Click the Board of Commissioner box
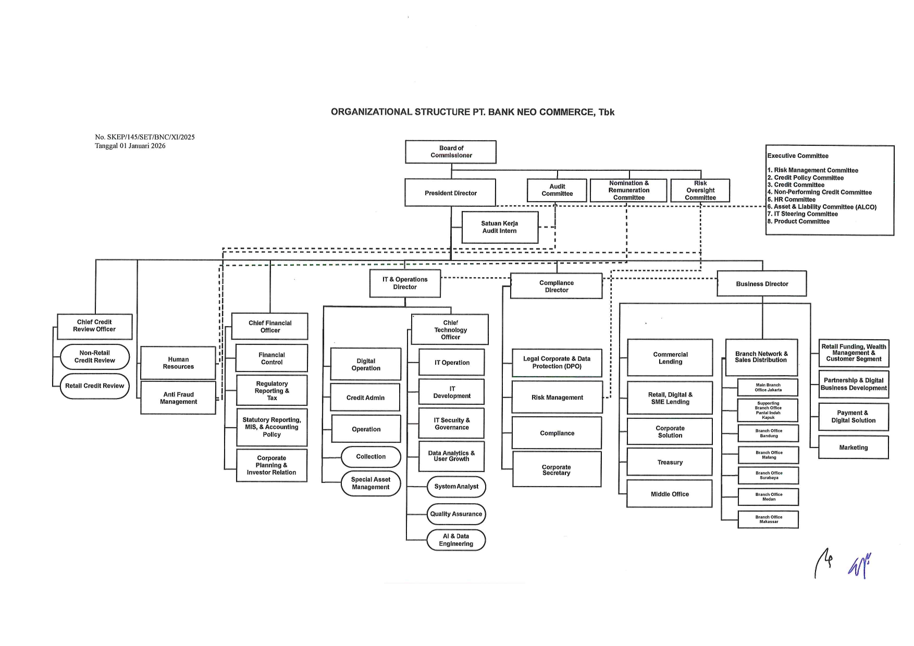pyautogui.click(x=451, y=152)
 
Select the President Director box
pyautogui.click(x=451, y=193)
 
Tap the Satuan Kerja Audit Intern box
pyautogui.click(x=500, y=227)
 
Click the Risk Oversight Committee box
pyautogui.click(x=700, y=190)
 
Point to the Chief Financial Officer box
pyautogui.click(x=270, y=327)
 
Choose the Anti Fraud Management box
pyautogui.click(x=178, y=398)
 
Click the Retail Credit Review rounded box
pyautogui.click(x=94, y=386)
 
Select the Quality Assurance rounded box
pyautogui.click(x=456, y=514)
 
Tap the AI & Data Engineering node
pyautogui.click(x=456, y=540)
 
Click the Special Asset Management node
pyautogui.click(x=370, y=483)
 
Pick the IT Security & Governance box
pyautogui.click(x=452, y=424)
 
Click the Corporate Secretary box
pyautogui.click(x=557, y=470)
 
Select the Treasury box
pyautogui.click(x=670, y=462)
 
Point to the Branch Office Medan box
pyautogui.click(x=769, y=497)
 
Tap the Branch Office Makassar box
pyautogui.click(x=769, y=519)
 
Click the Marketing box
pyautogui.click(x=854, y=448)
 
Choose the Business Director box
pyautogui.click(x=762, y=284)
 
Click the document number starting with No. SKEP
pyautogui.click(x=145, y=137)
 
